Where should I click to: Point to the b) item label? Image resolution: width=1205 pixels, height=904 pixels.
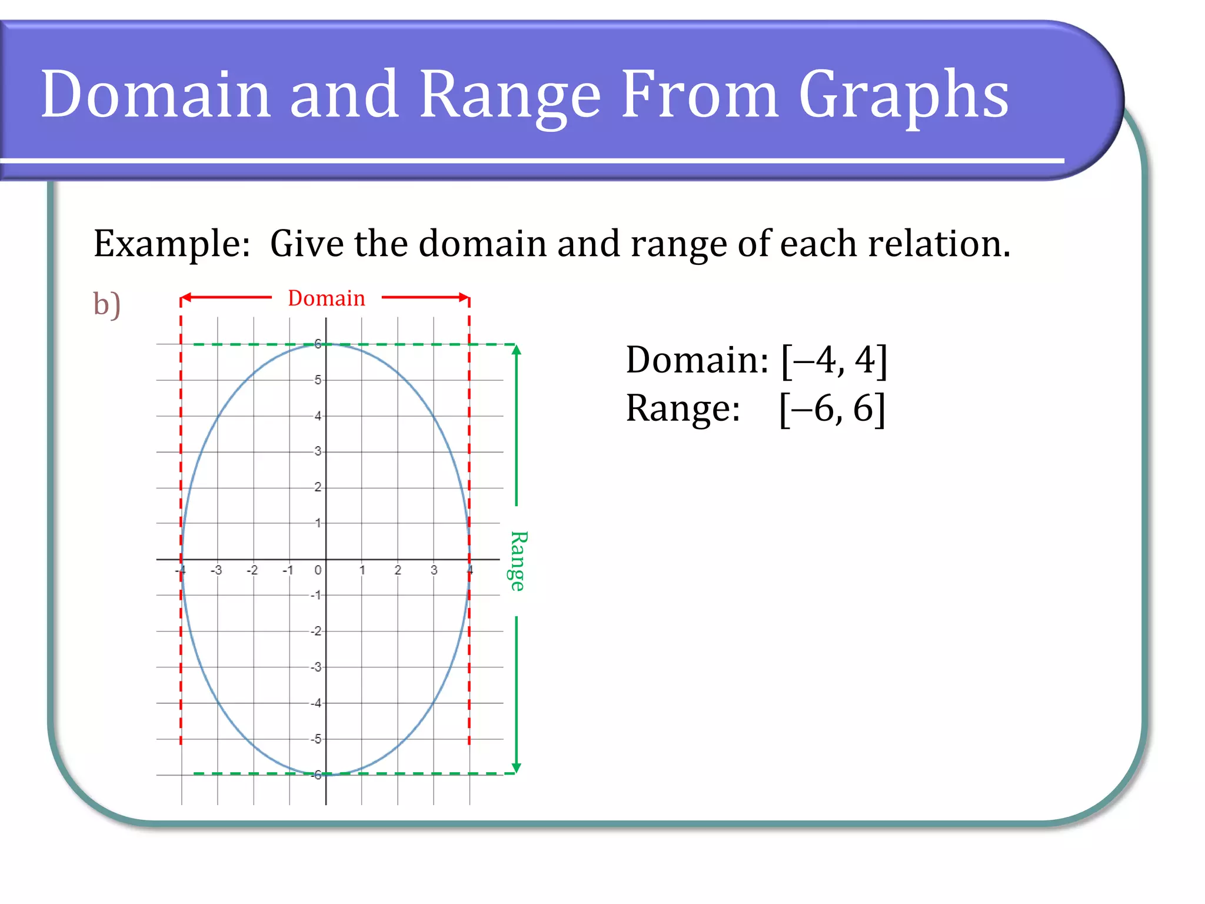coord(107,304)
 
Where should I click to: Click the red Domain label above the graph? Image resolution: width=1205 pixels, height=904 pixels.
coord(327,298)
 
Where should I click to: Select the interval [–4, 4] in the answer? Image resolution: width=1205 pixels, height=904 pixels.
coord(834,360)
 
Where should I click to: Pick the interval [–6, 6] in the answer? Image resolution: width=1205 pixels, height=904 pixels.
coord(832,408)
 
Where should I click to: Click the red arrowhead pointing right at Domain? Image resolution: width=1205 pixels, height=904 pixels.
coord(464,298)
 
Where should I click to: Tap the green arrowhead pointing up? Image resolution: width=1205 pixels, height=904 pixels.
coord(516,350)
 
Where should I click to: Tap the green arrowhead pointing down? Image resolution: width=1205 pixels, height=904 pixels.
coord(516,767)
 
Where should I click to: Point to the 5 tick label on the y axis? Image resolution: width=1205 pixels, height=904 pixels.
coord(318,380)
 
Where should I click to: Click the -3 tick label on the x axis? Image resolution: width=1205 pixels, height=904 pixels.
coord(217,570)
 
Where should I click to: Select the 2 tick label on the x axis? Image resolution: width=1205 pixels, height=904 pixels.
coord(398,570)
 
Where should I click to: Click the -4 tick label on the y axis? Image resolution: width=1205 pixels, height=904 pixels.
coord(317,703)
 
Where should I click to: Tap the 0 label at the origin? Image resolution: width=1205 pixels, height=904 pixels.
coord(318,570)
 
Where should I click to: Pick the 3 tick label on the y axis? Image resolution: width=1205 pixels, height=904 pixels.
coord(318,451)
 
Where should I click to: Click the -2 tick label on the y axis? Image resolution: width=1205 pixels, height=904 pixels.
coord(317,632)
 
